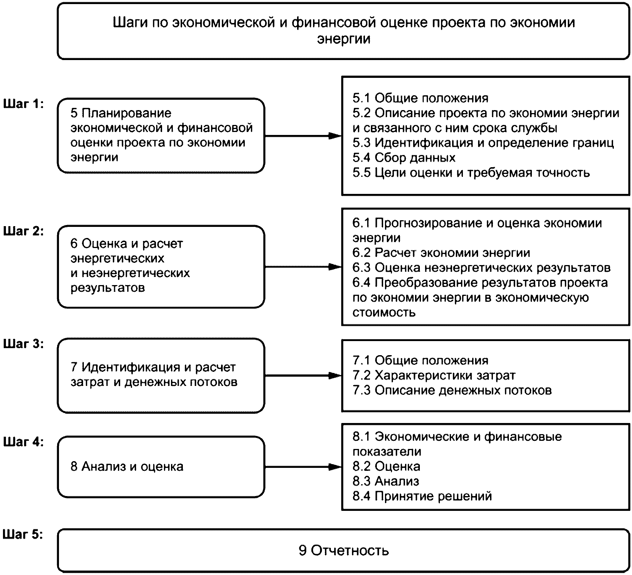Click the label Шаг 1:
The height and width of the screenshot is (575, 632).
(x=23, y=104)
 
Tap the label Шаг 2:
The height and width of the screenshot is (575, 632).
(x=23, y=231)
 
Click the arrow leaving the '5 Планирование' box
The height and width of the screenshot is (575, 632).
(x=303, y=136)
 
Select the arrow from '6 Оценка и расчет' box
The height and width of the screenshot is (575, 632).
(x=303, y=267)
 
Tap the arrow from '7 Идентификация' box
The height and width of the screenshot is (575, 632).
(x=303, y=376)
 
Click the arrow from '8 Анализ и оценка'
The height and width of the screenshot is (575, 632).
(x=303, y=467)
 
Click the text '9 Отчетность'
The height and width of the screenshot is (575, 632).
(x=344, y=550)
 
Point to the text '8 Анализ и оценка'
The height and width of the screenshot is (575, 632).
(x=127, y=466)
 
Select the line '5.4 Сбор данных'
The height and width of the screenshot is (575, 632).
(x=404, y=158)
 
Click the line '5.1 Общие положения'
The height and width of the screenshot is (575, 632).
(x=420, y=98)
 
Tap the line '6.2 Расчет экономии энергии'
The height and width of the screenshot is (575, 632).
(x=441, y=252)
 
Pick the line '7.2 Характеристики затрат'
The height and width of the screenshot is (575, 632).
(x=434, y=376)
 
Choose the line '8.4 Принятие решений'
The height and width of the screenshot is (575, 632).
(x=422, y=496)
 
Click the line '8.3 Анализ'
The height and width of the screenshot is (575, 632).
(x=386, y=481)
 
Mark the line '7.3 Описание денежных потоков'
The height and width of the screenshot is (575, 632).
(x=452, y=390)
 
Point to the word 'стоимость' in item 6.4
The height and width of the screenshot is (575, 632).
(x=384, y=312)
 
